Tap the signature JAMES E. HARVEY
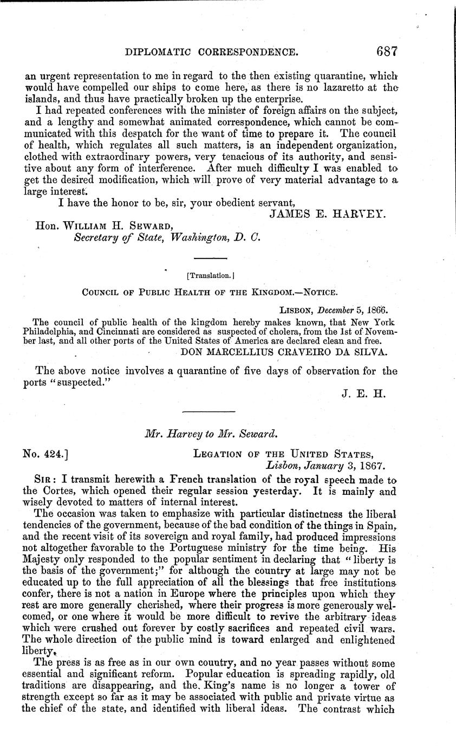point(327,214)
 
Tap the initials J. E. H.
point(363,394)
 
